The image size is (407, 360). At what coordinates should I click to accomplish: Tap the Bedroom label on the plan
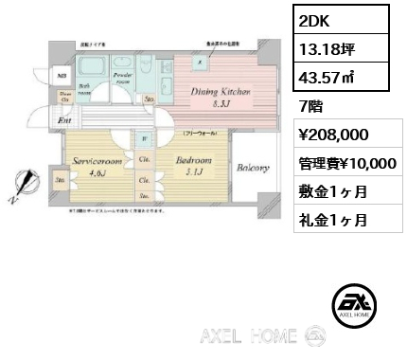click(194, 166)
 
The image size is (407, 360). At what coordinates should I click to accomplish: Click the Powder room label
click(121, 78)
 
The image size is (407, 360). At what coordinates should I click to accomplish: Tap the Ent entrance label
click(65, 122)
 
